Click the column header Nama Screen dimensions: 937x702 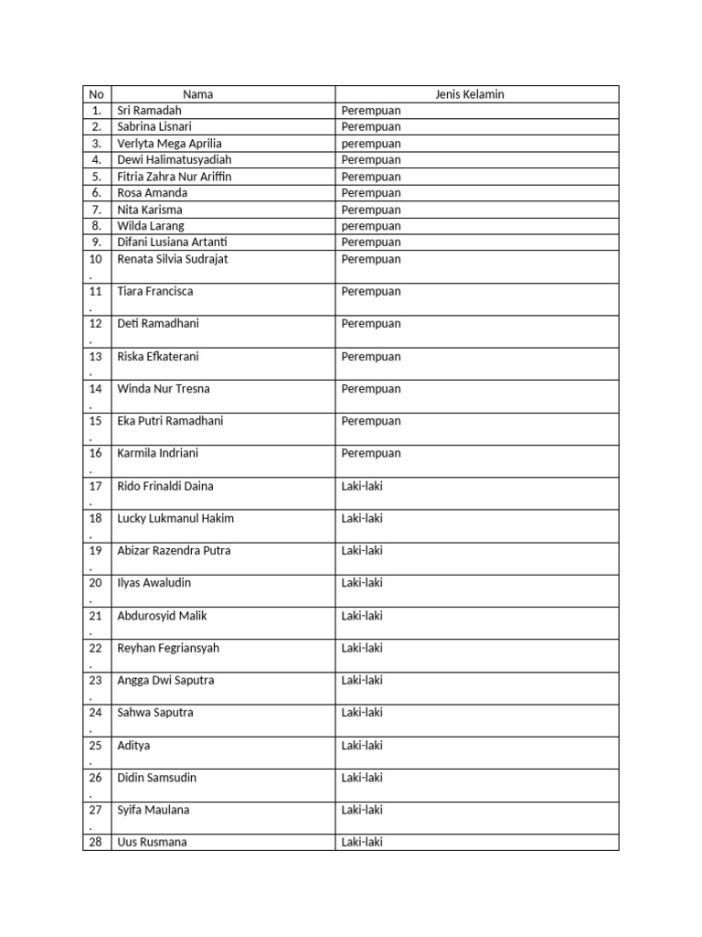pos(197,94)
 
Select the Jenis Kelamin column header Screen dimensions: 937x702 pos(470,94)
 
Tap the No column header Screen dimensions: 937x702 pos(96,94)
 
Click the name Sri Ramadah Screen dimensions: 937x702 pos(150,111)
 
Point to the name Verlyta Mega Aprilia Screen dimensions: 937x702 pos(169,144)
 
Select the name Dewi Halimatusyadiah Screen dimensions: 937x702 pos(175,160)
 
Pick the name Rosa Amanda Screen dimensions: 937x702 pos(152,193)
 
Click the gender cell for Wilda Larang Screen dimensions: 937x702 pos(370,226)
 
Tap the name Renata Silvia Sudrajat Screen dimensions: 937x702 pos(173,259)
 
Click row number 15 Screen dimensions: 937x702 pos(96,422)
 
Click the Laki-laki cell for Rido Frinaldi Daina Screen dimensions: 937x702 pos(362,487)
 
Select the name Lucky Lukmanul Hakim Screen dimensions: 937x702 pos(175,519)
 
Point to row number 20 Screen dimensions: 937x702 pos(96,584)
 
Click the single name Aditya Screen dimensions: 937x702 pos(133,746)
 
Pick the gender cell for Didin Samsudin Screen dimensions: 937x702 pos(362,778)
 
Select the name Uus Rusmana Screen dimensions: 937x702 pos(152,843)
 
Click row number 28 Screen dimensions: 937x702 pos(96,843)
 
